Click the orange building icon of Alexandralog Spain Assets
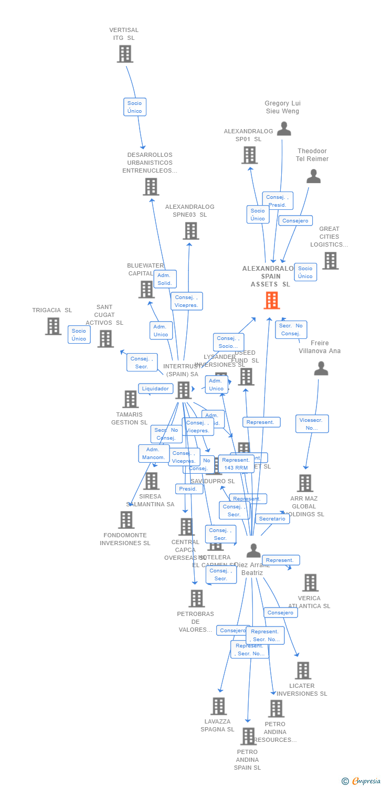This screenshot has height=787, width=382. pos(271,300)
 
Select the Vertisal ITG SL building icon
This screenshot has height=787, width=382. pos(125,54)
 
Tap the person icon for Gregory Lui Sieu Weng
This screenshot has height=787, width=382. pos(284,129)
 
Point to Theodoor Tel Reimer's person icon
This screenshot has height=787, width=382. pos(313,176)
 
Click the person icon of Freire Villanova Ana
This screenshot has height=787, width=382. pos(321,369)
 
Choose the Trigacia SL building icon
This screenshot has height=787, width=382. pos(53,326)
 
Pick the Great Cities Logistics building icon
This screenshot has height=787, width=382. pos(330,261)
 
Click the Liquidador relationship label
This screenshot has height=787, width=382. pos(156,389)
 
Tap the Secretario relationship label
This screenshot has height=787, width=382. pos(272,519)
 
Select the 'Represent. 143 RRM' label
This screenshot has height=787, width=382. pos(236,464)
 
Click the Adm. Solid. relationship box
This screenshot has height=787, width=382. pos(164,279)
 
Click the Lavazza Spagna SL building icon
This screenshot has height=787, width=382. pos(219,706)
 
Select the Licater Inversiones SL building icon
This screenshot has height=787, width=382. pos(303,671)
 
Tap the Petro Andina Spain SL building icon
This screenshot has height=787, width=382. pos(248,736)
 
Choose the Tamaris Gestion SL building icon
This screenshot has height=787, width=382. pos(130,399)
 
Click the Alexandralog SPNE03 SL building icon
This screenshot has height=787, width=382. pos(190,231)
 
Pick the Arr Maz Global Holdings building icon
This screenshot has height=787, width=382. pos(305,483)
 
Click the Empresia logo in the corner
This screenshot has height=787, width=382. pos(362,781)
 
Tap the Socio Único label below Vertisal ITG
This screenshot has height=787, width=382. pos(134,107)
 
